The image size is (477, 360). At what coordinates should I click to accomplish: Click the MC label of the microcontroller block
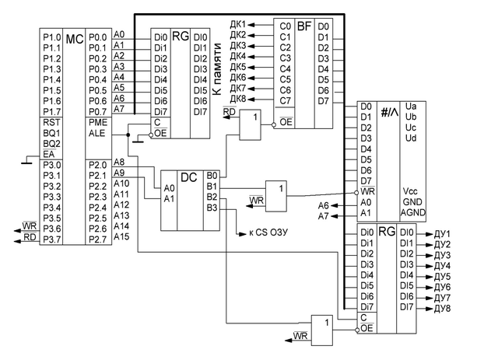click(75, 38)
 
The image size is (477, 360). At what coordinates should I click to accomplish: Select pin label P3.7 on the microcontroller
click(51, 239)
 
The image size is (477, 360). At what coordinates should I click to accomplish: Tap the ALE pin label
click(97, 133)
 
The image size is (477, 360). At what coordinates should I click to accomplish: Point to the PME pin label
click(98, 122)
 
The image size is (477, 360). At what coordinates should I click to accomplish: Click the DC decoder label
click(188, 177)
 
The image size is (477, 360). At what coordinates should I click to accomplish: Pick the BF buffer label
click(303, 25)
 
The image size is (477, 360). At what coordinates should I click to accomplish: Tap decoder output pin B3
click(212, 208)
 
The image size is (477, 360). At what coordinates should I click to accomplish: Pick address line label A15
click(121, 236)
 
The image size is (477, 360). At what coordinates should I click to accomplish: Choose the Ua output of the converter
click(412, 107)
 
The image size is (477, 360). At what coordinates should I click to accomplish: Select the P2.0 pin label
click(97, 165)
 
